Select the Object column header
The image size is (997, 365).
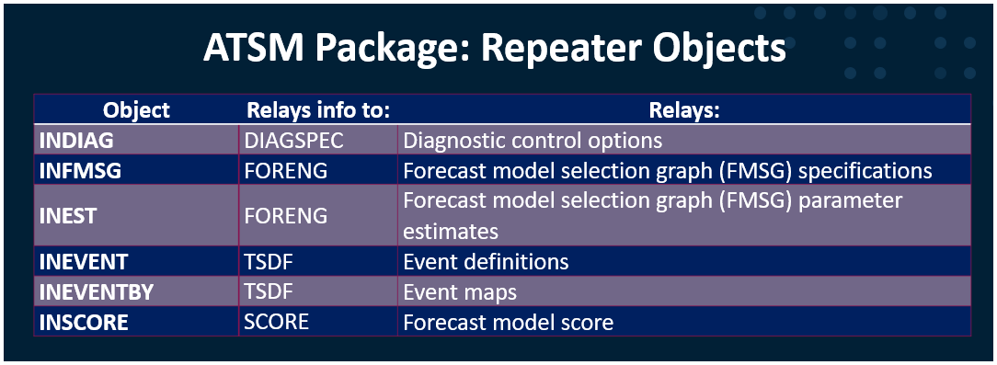coord(137,110)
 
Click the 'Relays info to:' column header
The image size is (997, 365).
coord(318,110)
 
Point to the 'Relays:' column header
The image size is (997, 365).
coord(684,110)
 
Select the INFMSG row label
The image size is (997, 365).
coord(80,170)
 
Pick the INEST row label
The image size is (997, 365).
coord(67,215)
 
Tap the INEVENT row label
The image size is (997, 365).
coord(84,262)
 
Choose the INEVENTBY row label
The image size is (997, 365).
coord(97,291)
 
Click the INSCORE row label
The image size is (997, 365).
coord(84,323)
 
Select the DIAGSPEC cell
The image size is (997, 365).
coord(293,141)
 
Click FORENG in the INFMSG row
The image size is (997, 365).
coord(285,170)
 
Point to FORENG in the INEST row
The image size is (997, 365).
coord(285,215)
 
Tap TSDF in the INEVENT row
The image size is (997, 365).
coord(269,262)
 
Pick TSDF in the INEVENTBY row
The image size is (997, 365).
coord(269,291)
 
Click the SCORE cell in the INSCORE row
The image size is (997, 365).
coord(277,322)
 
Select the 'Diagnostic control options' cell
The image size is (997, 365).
coord(533,141)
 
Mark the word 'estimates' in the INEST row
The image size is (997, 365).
coord(451,231)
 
